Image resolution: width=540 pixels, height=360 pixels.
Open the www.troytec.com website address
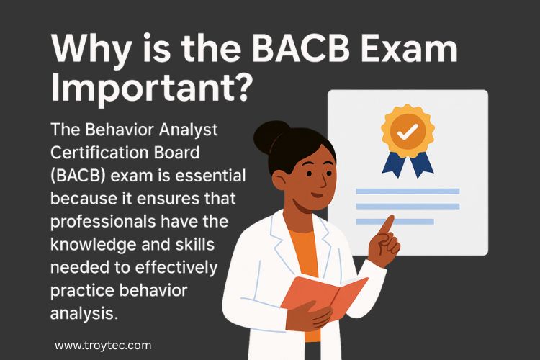103,346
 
